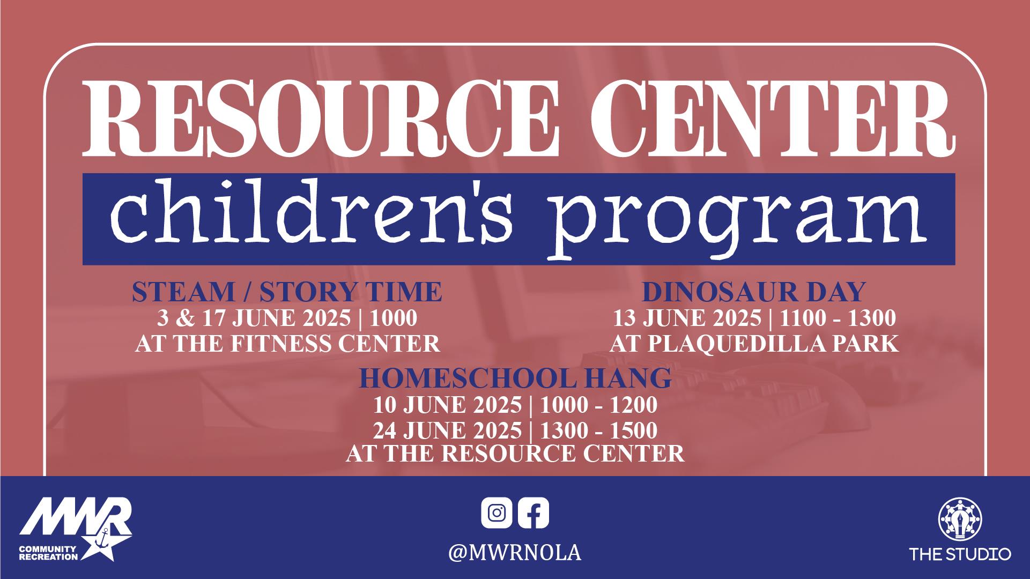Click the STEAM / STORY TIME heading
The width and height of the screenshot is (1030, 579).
click(x=287, y=292)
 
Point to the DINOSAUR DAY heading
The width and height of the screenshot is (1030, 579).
click(x=754, y=292)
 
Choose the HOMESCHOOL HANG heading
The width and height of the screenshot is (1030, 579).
click(x=515, y=378)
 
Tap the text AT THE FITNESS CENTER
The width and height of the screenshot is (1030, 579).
click(x=287, y=343)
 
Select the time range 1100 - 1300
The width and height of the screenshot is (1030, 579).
click(x=838, y=318)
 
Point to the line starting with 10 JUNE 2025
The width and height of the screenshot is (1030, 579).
click(x=515, y=405)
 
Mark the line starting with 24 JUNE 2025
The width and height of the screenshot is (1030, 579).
click(x=515, y=430)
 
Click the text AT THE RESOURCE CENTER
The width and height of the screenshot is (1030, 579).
click(x=515, y=454)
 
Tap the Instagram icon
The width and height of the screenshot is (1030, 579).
click(x=497, y=513)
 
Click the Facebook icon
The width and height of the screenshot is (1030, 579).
click(x=533, y=513)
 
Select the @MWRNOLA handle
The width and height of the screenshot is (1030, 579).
click(x=515, y=553)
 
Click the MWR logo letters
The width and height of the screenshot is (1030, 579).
click(x=76, y=518)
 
